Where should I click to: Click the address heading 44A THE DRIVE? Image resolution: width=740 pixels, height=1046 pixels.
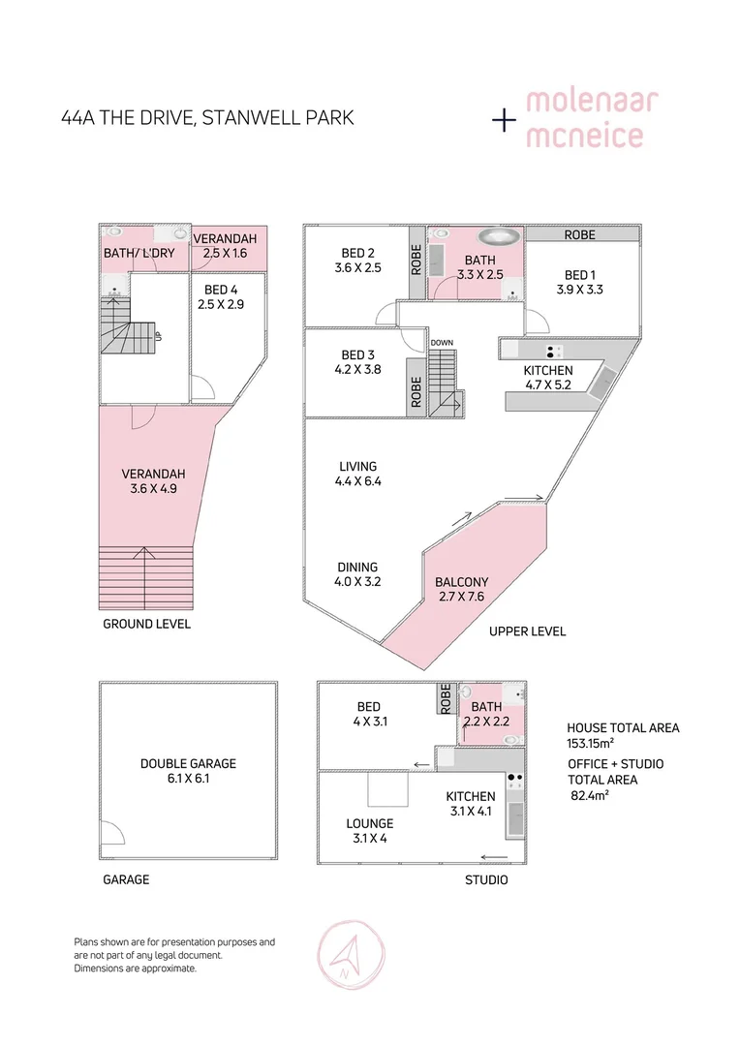[206, 119]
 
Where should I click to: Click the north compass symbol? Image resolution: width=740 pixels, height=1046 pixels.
[346, 953]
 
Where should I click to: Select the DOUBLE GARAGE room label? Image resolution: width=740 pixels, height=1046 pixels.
[188, 770]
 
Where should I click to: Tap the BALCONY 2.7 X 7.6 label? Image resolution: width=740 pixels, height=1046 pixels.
[461, 589]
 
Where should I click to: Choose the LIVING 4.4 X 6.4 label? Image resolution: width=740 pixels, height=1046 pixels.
[357, 473]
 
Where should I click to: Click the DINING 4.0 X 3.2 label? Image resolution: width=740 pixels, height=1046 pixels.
[357, 574]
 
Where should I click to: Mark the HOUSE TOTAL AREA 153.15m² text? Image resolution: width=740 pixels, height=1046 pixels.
[623, 734]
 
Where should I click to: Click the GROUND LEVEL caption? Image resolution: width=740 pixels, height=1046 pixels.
[147, 624]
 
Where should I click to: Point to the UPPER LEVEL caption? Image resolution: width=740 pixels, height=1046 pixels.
[527, 631]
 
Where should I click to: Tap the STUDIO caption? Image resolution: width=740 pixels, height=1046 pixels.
[486, 880]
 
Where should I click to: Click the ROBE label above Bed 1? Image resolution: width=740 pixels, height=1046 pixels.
[579, 234]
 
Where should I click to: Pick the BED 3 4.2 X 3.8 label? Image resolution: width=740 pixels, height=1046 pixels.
[357, 361]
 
